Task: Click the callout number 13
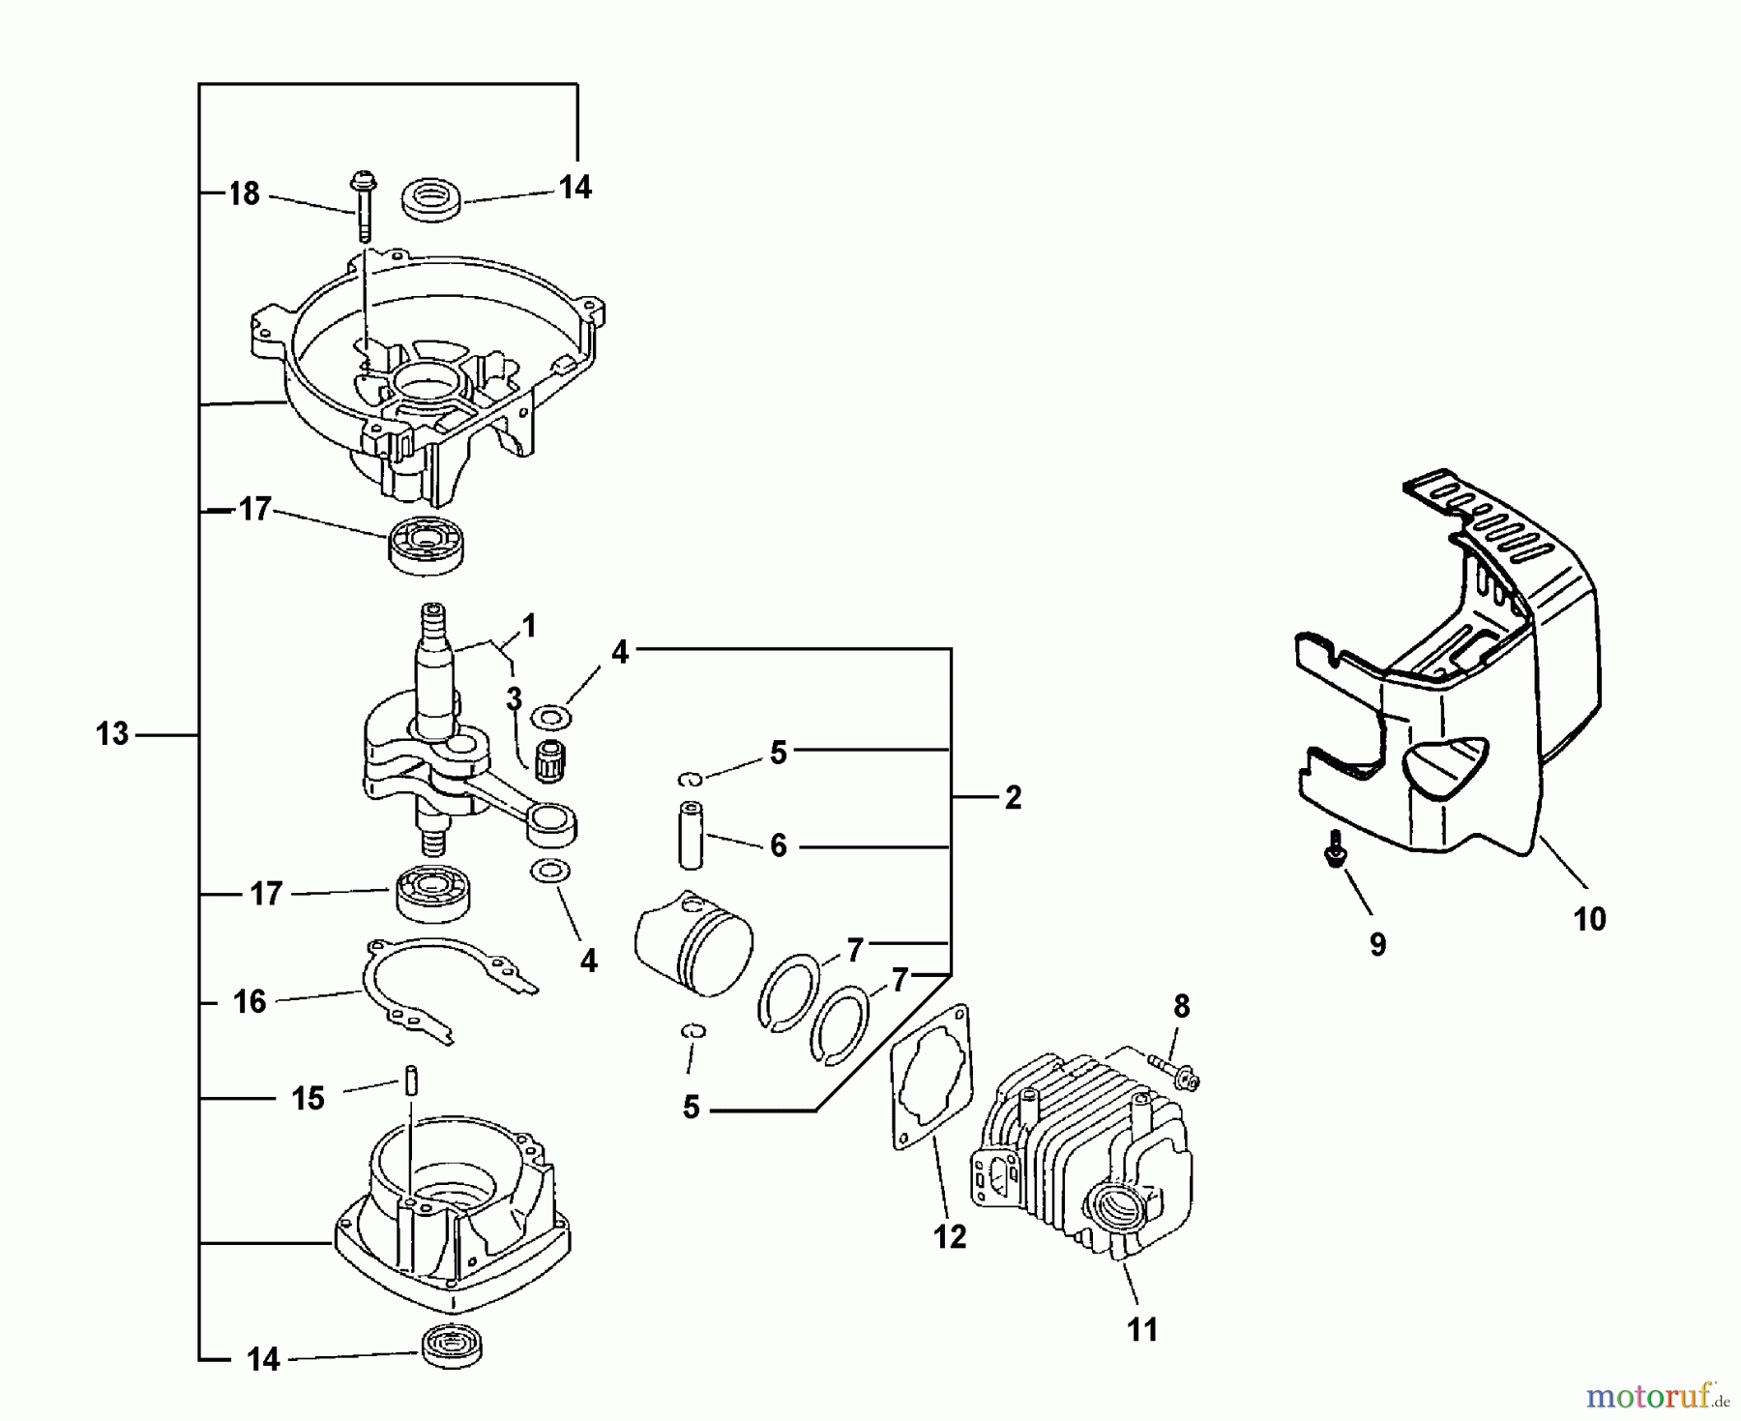pos(112,734)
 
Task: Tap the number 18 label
pos(244,194)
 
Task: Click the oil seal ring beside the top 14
pos(431,200)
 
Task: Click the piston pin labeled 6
pos(690,835)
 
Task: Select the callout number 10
pos(1589,918)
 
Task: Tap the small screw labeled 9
pos(1335,850)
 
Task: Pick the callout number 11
pos(1142,1330)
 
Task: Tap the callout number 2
pos(1013,798)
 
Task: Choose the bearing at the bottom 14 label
pos(453,1346)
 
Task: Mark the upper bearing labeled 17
pos(426,545)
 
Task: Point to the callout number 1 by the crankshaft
pos(529,626)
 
